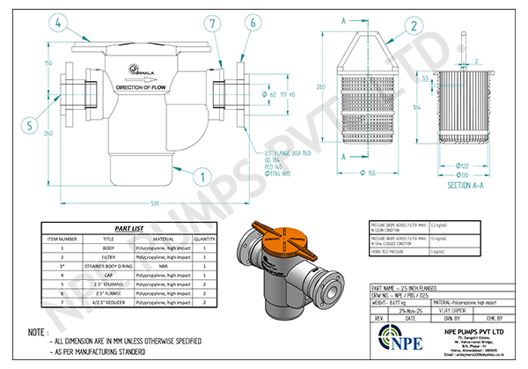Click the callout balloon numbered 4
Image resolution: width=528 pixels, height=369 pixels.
coord(57,23)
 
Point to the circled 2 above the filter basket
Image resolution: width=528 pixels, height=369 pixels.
coord(413,26)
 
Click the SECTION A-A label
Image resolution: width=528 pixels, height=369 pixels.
coord(470,186)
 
